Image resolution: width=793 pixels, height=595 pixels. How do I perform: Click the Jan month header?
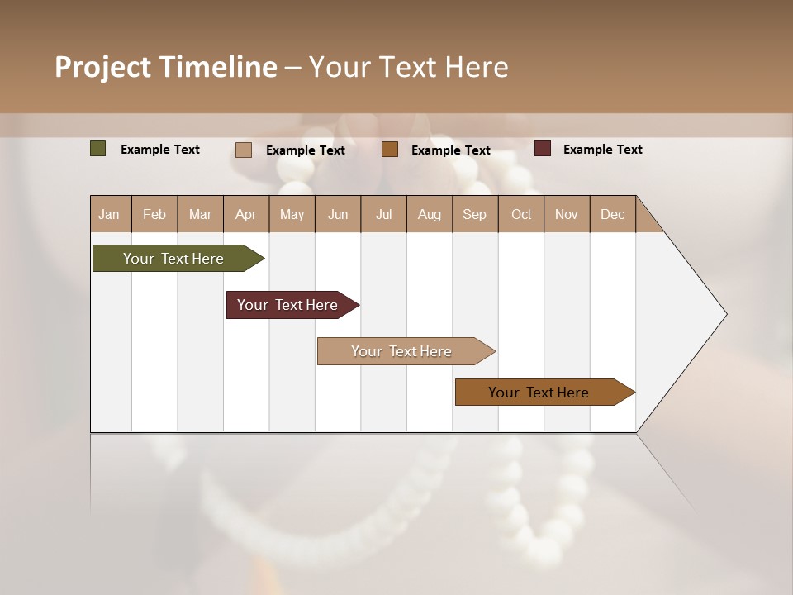coord(110,214)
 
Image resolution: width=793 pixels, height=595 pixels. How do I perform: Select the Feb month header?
coord(154,214)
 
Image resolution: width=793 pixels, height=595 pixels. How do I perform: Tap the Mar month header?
coord(200,214)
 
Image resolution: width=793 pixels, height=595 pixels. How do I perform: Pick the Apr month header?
coord(246,214)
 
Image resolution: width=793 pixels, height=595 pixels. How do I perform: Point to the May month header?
coord(292,214)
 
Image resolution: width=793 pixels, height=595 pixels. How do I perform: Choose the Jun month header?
coord(338,214)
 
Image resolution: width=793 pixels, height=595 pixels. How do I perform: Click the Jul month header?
coord(383,214)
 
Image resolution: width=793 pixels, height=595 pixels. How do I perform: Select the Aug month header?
coord(430,214)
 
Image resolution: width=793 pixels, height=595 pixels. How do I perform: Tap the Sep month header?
coord(475,214)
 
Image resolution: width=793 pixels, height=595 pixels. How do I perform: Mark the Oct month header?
coord(521,214)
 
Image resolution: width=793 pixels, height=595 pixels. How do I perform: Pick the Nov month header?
coord(567,214)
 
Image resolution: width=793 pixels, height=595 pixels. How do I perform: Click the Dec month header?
coord(612,214)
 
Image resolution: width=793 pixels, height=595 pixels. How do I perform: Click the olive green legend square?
coord(98,149)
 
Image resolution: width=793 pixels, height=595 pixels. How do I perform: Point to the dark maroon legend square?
coord(543,149)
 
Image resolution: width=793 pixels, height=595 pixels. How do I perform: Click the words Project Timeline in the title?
coord(166,67)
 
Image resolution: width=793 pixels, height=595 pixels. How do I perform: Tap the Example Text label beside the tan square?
coord(305,150)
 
